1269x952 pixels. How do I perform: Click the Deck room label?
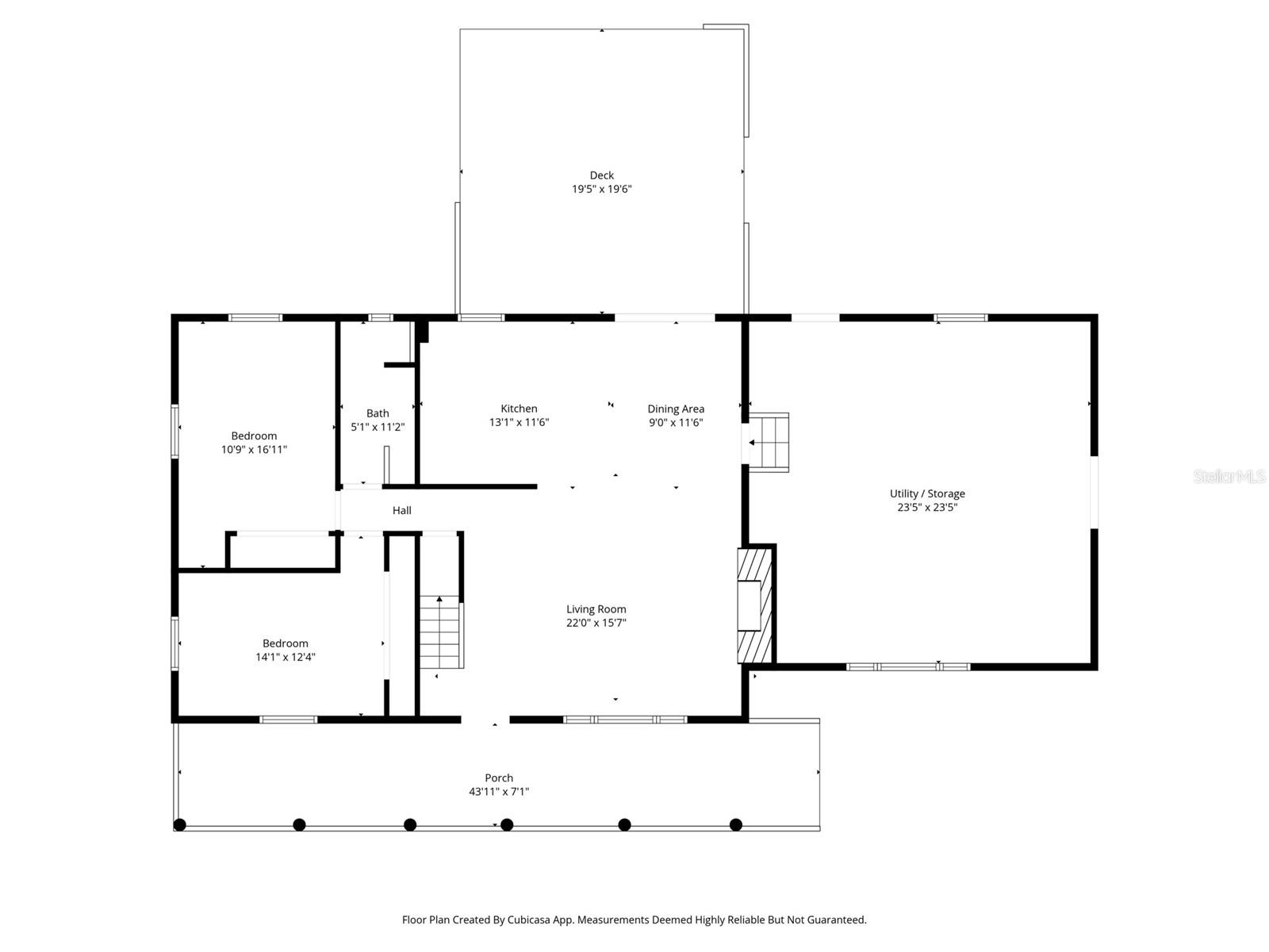point(601,175)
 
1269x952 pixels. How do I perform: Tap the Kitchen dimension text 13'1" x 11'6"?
point(519,423)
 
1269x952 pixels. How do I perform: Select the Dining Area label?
point(676,409)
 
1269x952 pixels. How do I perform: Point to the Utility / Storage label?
point(926,493)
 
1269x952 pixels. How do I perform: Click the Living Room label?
point(596,609)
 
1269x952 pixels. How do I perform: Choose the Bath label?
point(378,413)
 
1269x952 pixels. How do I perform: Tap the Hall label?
point(401,511)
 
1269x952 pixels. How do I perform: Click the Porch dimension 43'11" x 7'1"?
point(498,792)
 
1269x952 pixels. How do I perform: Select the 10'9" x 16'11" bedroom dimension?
point(254,450)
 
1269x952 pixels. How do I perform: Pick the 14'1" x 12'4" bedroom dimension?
point(286,657)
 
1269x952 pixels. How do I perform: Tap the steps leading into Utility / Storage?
point(769,442)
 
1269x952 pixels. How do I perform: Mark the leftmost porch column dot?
point(180,825)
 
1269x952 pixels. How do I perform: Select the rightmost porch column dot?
point(736,825)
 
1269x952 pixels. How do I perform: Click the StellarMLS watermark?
point(1229,477)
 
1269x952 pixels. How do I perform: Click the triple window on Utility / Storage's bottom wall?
point(908,667)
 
